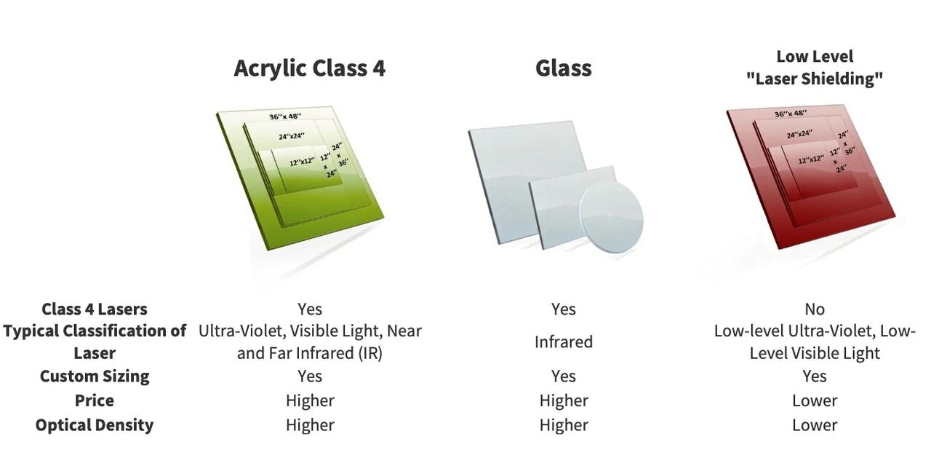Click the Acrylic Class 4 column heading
[309, 68]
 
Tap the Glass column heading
[563, 68]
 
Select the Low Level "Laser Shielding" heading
[814, 68]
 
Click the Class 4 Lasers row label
[95, 309]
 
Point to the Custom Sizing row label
[95, 376]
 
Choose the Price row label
[95, 400]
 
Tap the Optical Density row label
[95, 425]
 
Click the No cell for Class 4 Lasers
[815, 309]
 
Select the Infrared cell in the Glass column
[563, 341]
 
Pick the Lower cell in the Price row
[815, 400]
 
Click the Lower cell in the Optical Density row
[815, 425]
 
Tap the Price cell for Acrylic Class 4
[310, 400]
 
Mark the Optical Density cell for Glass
[563, 425]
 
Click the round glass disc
[611, 218]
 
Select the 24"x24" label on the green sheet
[292, 136]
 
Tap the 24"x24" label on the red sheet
[799, 134]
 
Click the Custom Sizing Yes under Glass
[563, 376]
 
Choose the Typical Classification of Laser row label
[95, 341]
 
